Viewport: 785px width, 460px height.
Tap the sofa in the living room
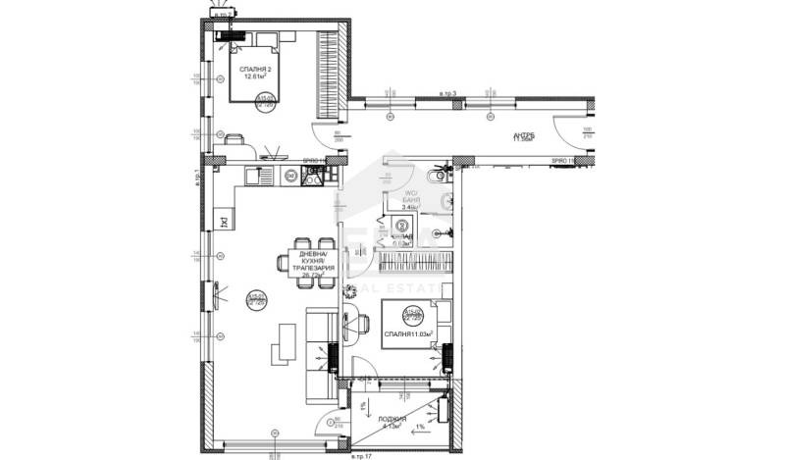click(x=320, y=347)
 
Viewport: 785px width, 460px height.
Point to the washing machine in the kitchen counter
click(x=290, y=177)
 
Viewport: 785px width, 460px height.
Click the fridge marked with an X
click(x=224, y=220)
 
